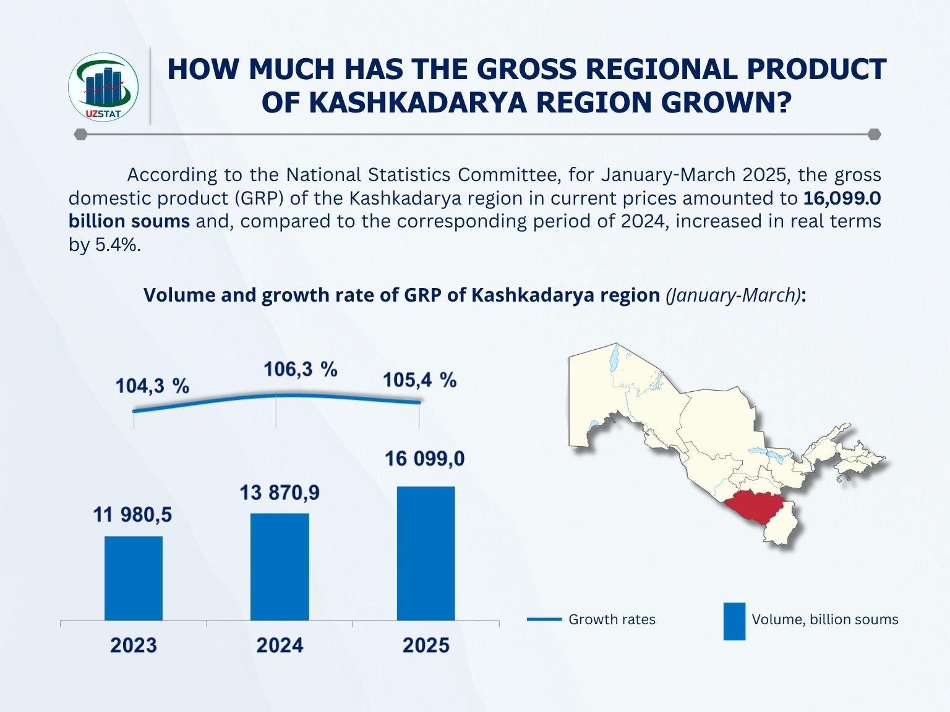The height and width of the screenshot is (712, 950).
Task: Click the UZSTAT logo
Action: [103, 86]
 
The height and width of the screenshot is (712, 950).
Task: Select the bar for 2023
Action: [134, 578]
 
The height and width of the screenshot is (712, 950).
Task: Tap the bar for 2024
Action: [280, 566]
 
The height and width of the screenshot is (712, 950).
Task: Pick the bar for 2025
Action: [426, 553]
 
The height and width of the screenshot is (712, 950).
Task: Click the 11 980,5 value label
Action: [132, 514]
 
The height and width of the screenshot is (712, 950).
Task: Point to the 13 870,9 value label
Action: [280, 493]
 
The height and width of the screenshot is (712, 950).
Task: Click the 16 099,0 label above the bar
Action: [424, 459]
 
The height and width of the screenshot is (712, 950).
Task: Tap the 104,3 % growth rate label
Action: [152, 386]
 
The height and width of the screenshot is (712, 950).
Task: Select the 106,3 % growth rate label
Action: [301, 370]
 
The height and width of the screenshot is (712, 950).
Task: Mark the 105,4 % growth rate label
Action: [419, 379]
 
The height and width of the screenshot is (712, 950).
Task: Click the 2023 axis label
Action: [134, 646]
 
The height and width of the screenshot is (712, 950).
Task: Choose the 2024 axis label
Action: [280, 646]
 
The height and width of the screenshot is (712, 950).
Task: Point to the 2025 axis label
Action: [426, 646]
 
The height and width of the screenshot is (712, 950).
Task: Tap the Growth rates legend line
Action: [544, 619]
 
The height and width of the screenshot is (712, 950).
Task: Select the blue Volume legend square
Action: [734, 621]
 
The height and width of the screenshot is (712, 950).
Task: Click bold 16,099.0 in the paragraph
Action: [842, 198]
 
